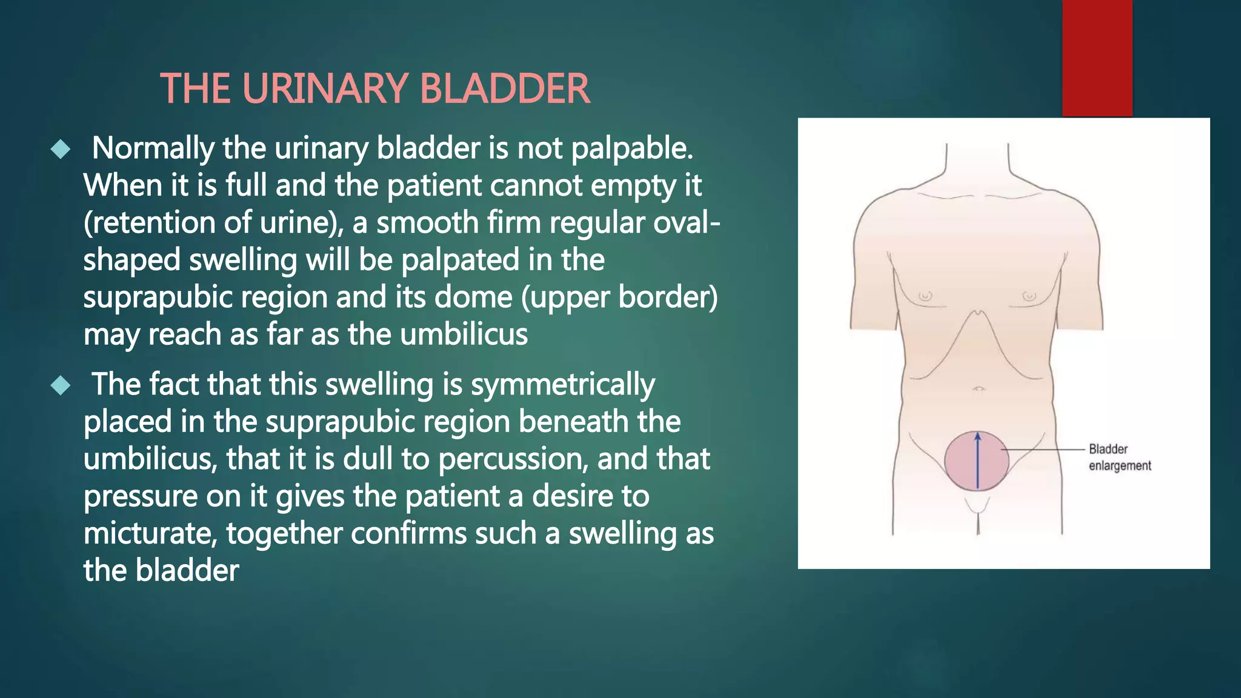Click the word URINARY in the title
click(x=325, y=89)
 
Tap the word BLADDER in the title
click(x=504, y=89)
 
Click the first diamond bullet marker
click(x=61, y=149)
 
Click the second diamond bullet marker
click(x=61, y=385)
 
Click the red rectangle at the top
click(x=1097, y=58)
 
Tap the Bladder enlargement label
click(x=1119, y=457)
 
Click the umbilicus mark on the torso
click(x=978, y=388)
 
